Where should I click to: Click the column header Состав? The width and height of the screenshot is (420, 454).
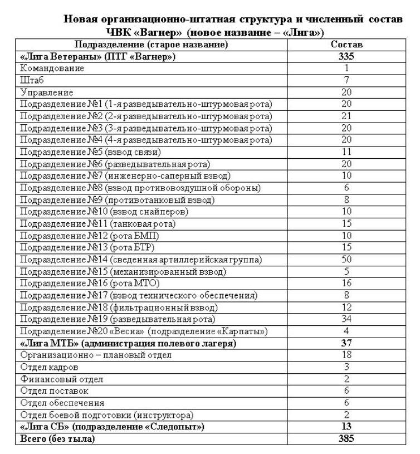point(346,45)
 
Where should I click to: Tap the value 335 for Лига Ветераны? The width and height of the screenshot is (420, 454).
point(346,56)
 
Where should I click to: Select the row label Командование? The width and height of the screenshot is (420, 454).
point(52,69)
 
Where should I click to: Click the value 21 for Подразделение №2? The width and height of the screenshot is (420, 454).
point(346,116)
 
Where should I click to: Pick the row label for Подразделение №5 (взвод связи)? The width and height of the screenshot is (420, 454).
point(91,152)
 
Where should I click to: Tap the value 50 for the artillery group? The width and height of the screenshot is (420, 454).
point(346,260)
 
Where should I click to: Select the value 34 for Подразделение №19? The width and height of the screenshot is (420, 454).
point(346,319)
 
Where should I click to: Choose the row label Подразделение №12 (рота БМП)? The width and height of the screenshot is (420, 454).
point(93,236)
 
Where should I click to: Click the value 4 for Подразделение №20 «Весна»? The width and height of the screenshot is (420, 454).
point(346,331)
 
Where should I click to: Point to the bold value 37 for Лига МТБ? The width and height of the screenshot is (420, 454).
point(346,343)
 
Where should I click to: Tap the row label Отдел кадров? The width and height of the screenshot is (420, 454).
point(50,367)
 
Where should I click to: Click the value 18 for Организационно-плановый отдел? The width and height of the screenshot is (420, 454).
point(346,355)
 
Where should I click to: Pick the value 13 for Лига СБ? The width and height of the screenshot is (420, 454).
point(346,427)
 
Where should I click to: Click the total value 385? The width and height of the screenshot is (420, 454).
point(346,438)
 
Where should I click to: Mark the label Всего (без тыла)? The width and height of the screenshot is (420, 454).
point(57,438)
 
